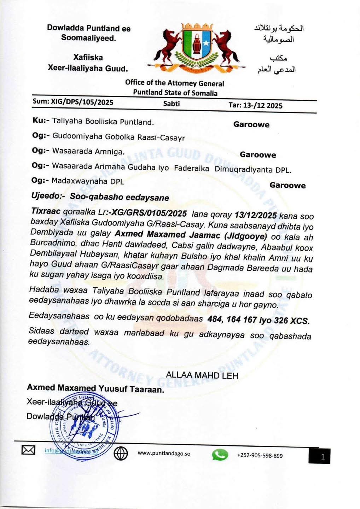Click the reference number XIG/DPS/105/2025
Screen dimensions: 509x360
(82, 102)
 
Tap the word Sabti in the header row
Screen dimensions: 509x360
(172, 104)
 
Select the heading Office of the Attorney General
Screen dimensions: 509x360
(174, 83)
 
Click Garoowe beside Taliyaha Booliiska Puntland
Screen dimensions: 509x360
(251, 124)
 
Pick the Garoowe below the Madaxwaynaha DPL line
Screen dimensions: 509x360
(287, 185)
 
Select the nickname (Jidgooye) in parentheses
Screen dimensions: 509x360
(246, 236)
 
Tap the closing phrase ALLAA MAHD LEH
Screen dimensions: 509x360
(202, 375)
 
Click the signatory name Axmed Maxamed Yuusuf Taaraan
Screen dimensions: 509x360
(95, 388)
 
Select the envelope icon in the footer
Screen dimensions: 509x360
(28, 450)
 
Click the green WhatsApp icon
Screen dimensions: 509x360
(220, 455)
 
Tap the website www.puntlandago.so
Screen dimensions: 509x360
(164, 454)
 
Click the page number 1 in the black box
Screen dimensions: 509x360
(322, 457)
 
